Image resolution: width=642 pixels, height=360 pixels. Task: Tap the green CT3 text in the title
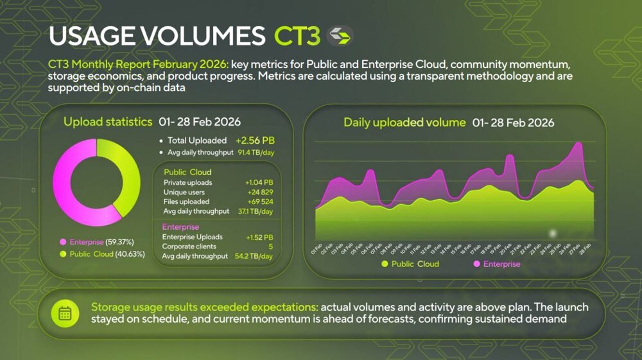[x=297, y=37]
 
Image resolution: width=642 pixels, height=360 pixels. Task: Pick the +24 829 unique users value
[x=260, y=193]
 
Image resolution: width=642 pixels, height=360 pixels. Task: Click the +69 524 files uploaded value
[x=259, y=201]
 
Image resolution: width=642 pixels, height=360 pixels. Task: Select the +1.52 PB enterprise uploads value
[x=259, y=237]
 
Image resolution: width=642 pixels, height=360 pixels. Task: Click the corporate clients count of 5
[x=271, y=246]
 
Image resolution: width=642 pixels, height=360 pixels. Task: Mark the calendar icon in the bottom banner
[x=65, y=313]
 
